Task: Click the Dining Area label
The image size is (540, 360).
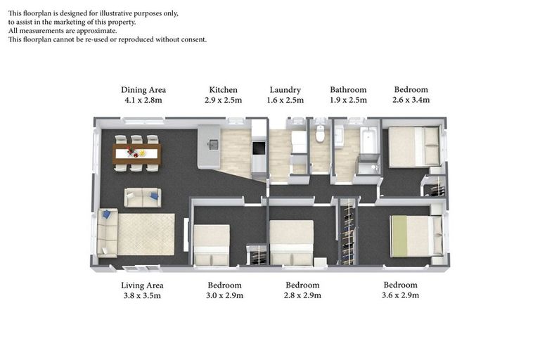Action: (143, 90)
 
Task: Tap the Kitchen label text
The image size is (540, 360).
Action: (224, 90)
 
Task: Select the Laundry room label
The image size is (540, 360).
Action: (285, 90)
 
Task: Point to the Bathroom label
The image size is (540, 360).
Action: (349, 90)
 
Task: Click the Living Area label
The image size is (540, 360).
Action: (142, 285)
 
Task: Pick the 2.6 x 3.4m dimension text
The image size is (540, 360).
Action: (411, 101)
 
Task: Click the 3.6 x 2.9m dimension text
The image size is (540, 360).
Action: (401, 296)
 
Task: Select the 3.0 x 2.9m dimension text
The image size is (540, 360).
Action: (225, 296)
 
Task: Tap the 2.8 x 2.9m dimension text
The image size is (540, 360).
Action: (303, 296)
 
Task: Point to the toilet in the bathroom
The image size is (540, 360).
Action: (320, 134)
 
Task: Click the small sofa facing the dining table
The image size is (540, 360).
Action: (142, 198)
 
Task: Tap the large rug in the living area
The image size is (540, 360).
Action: (146, 235)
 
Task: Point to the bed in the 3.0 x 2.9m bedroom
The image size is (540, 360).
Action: (212, 245)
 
